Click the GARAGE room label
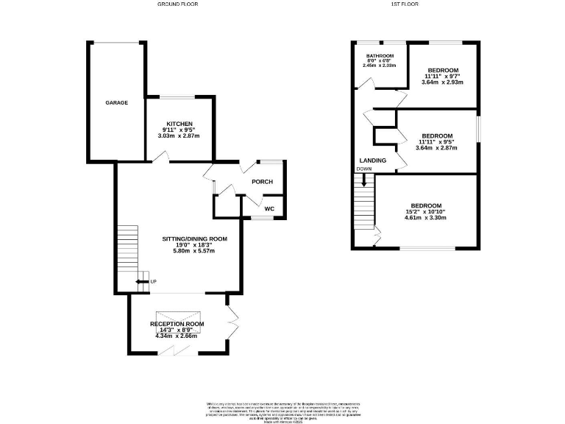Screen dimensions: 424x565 click(116, 103)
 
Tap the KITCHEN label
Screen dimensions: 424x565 click(180, 124)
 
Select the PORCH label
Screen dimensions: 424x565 click(262, 182)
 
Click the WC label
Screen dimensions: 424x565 click(269, 209)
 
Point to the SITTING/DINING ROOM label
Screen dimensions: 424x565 click(194, 239)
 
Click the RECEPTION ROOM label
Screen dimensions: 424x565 click(177, 324)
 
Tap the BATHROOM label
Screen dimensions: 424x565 click(379, 55)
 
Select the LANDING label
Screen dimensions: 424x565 click(373, 160)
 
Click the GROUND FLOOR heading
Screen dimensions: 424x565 click(178, 4)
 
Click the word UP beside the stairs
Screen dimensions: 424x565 click(153, 282)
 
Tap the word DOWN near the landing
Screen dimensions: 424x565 click(364, 169)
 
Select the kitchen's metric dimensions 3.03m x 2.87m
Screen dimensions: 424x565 click(180, 136)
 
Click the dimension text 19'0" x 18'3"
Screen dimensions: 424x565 click(194, 245)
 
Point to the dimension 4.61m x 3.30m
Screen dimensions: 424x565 click(426, 218)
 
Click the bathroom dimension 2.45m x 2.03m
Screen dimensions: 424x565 click(379, 66)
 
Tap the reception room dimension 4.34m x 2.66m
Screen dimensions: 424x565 click(177, 336)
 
